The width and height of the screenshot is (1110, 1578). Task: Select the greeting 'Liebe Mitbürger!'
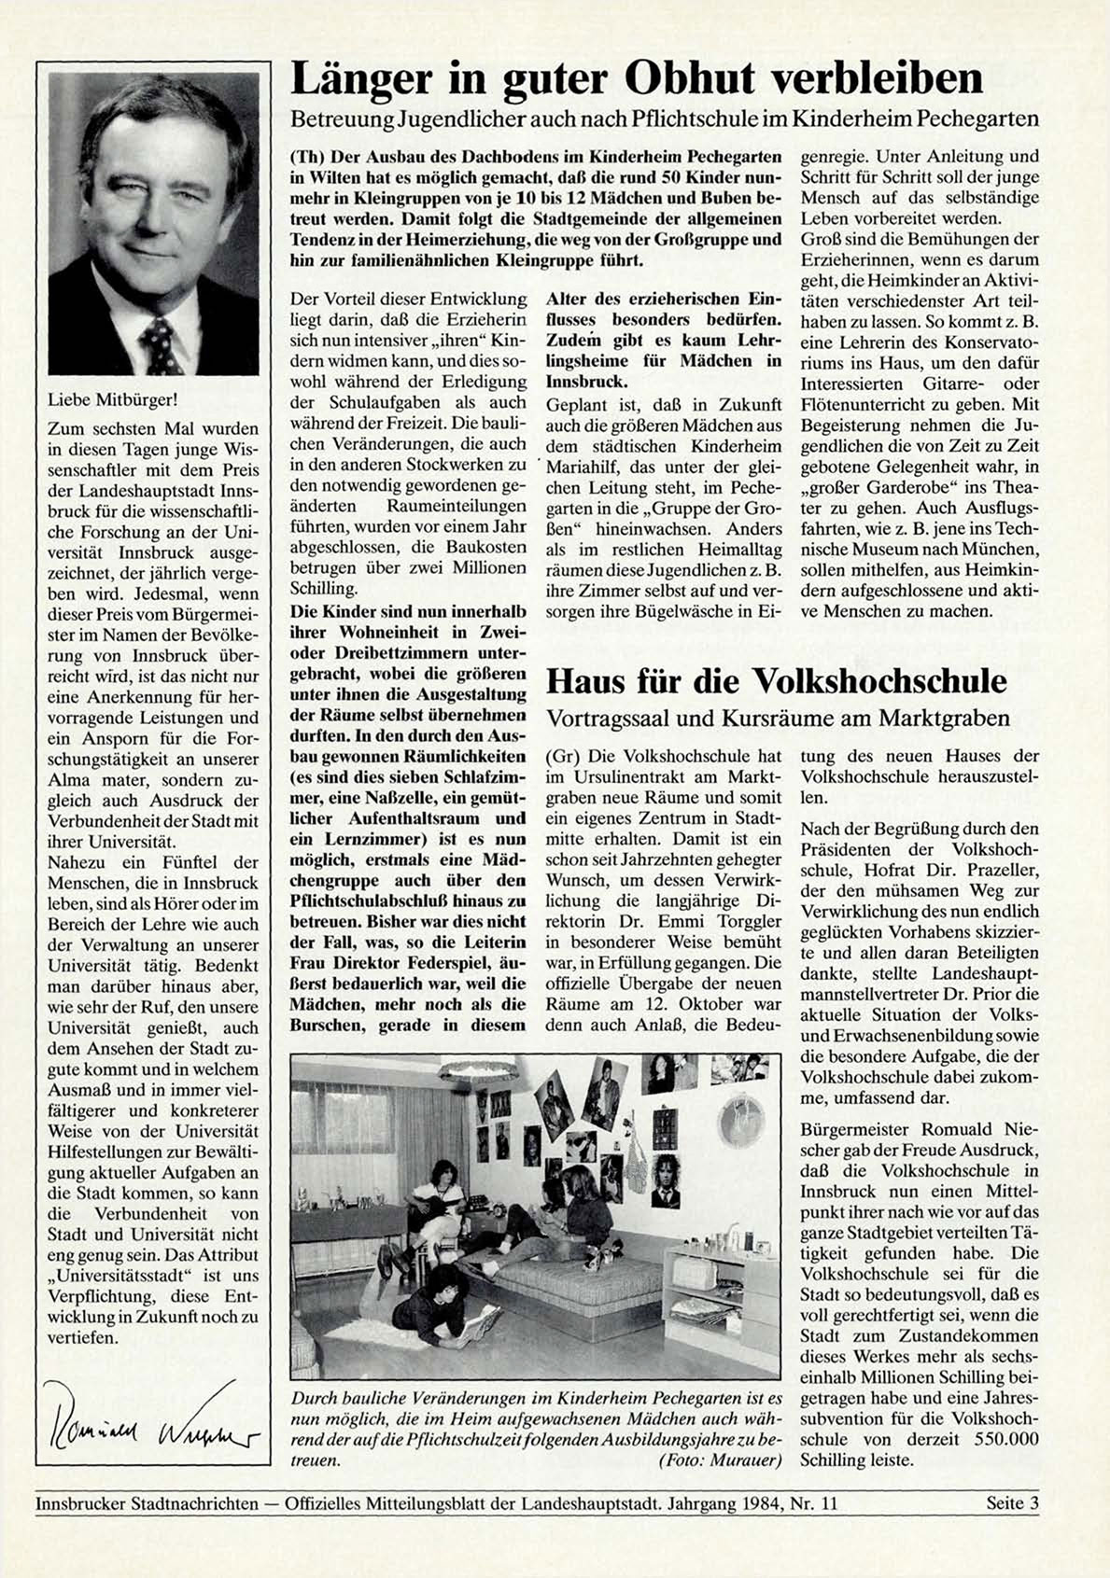111,400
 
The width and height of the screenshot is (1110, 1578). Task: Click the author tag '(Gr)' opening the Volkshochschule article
562,756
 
